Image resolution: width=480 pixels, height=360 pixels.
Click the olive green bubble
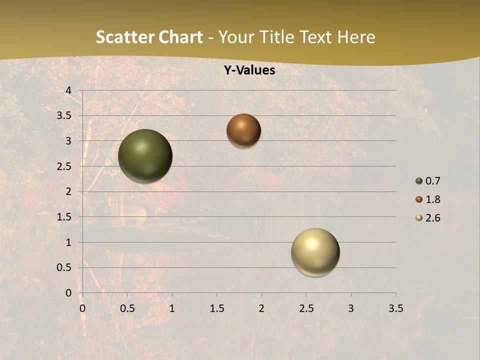[x=145, y=156]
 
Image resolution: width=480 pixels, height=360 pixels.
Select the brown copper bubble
[x=243, y=130]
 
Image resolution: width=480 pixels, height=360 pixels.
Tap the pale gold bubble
[x=315, y=252]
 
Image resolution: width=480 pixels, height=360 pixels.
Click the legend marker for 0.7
[x=419, y=181]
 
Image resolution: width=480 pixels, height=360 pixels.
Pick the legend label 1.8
[x=432, y=199]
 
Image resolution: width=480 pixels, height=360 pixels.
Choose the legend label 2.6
[x=432, y=218]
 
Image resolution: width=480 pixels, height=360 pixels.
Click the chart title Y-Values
[x=249, y=70]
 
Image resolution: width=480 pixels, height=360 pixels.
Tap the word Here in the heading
[x=356, y=37]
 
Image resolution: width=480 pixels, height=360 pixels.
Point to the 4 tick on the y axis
[x=69, y=90]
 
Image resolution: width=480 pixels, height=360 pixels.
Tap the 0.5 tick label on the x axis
[x=127, y=308]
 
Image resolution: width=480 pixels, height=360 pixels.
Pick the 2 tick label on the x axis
[x=261, y=308]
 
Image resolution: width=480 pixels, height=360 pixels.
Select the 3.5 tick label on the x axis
[x=395, y=308]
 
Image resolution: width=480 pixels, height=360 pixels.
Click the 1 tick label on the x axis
[x=172, y=308]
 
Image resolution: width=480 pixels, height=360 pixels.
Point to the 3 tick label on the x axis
[x=351, y=308]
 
